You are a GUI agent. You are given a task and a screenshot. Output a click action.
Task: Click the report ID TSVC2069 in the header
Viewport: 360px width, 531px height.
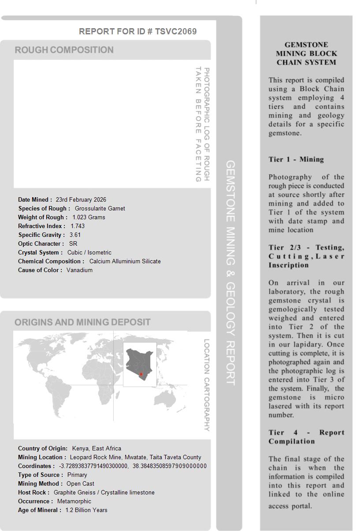176,31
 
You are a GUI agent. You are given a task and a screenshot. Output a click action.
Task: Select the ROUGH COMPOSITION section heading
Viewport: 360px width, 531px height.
64,50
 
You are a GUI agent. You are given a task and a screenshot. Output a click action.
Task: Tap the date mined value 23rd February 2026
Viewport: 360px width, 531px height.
81,199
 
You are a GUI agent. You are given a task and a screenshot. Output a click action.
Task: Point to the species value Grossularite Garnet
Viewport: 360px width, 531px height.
100,208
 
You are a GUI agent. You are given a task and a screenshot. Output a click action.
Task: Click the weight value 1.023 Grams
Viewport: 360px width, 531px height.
89,217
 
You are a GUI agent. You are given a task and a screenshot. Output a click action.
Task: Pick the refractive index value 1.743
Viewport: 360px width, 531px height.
78,226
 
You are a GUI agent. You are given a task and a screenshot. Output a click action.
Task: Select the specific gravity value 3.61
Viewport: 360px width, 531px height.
75,235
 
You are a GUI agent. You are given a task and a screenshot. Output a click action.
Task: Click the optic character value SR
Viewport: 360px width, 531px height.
73,243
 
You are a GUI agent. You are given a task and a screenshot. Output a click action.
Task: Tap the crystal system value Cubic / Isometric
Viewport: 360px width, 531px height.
89,252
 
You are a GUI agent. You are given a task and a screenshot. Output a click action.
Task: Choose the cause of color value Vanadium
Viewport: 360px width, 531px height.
79,270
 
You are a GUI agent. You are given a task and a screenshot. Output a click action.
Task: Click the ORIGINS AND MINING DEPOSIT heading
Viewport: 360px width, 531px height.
82,322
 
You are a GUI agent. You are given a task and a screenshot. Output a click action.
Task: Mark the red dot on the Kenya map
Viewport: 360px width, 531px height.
141,374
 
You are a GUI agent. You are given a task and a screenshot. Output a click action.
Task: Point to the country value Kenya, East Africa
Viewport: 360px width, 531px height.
96,448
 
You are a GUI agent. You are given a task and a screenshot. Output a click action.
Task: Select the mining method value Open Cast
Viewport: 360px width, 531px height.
80,483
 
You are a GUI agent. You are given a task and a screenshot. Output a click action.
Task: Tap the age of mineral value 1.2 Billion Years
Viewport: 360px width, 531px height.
86,510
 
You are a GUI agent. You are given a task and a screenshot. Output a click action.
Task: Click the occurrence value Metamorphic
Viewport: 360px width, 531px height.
74,501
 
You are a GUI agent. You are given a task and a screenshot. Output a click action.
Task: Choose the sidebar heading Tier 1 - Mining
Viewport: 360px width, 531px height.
296,159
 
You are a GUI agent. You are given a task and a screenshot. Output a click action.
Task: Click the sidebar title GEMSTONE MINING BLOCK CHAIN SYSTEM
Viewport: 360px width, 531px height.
306,53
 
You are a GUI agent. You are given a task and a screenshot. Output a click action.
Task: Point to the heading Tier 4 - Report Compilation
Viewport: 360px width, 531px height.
306,437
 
